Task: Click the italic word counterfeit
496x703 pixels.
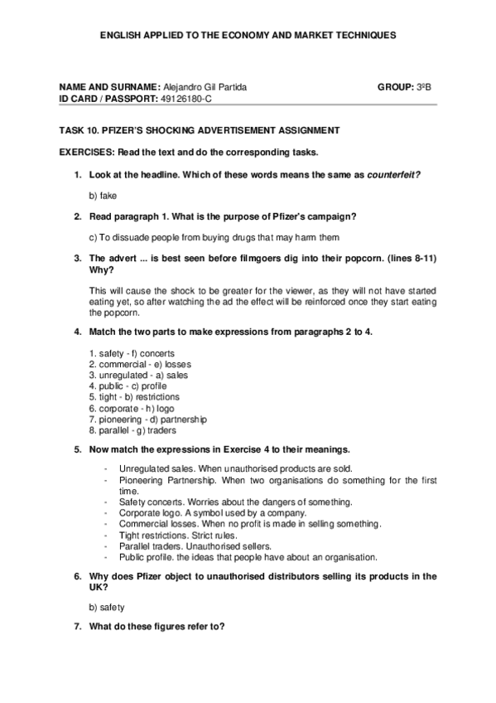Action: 392,174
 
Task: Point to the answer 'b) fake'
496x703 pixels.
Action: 103,196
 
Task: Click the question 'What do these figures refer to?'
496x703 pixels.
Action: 157,628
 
